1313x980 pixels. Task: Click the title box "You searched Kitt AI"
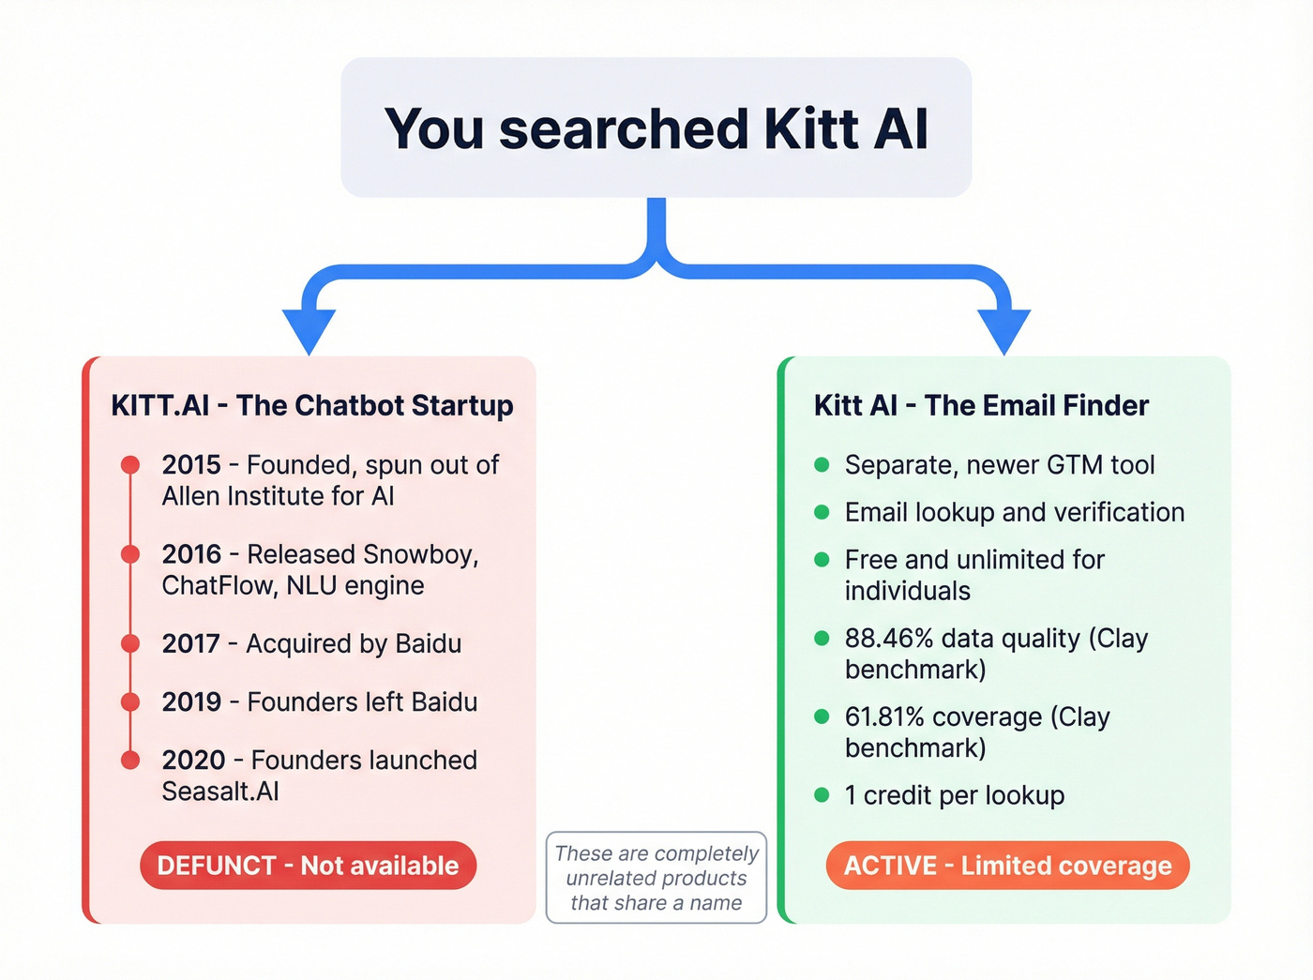656,128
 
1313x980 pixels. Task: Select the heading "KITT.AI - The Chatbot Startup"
312,405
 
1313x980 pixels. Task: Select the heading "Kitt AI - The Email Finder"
981,405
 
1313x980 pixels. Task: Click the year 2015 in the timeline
191,465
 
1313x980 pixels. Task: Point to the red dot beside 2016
130,554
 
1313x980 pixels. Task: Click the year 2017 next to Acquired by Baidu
190,644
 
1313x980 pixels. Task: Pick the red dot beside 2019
130,701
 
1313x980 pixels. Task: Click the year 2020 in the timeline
193,760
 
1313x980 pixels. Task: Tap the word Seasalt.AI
220,792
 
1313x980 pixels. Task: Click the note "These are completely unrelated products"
656,878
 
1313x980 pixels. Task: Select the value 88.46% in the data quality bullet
889,639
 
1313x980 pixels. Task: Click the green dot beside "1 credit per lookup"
822,795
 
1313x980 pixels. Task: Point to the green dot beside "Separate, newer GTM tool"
822,464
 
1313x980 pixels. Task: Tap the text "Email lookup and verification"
1015,512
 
